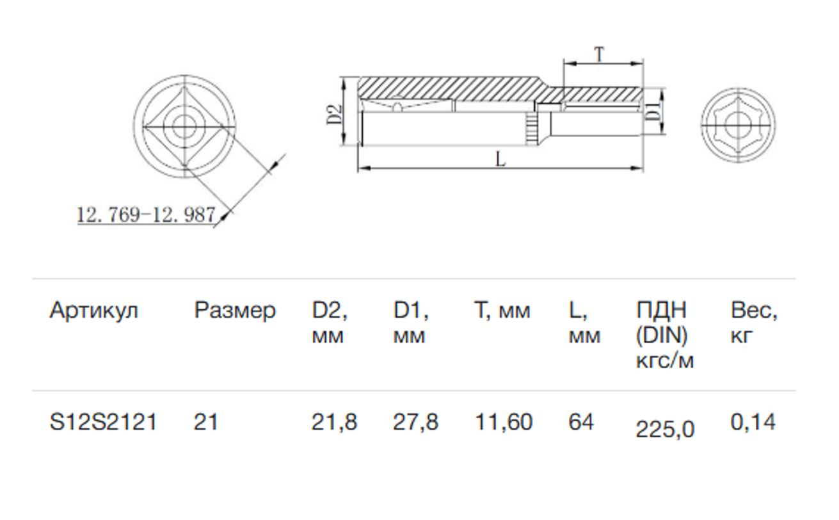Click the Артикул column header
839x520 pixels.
point(93,311)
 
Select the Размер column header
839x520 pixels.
point(235,311)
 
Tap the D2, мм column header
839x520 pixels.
point(330,323)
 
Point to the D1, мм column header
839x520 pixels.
point(411,323)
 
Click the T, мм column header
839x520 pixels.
point(502,311)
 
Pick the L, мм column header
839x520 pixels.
point(584,323)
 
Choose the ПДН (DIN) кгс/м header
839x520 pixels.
point(665,336)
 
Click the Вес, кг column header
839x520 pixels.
point(754,323)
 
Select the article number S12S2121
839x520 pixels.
point(103,422)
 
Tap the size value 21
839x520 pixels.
point(205,422)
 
